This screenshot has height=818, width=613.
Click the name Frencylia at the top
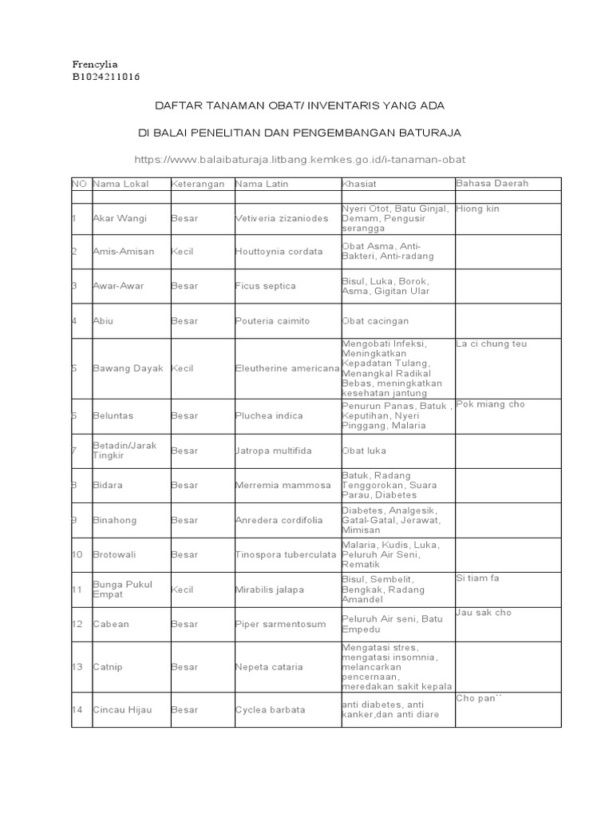94,64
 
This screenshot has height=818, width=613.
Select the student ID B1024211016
105,77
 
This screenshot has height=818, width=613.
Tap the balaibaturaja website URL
299,160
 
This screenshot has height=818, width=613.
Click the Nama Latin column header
262,184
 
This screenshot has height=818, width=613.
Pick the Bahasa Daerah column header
492,184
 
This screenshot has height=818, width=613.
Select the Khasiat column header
358,184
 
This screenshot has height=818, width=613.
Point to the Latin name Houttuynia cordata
279,252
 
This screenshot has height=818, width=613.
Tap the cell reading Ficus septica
265,286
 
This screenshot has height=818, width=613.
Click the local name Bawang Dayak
128,368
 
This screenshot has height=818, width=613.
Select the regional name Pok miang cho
490,404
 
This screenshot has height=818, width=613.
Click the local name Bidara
108,485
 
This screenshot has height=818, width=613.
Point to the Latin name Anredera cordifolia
279,520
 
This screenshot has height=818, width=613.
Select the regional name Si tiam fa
477,578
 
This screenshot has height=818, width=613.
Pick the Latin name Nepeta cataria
269,666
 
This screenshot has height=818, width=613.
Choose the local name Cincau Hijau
122,709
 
